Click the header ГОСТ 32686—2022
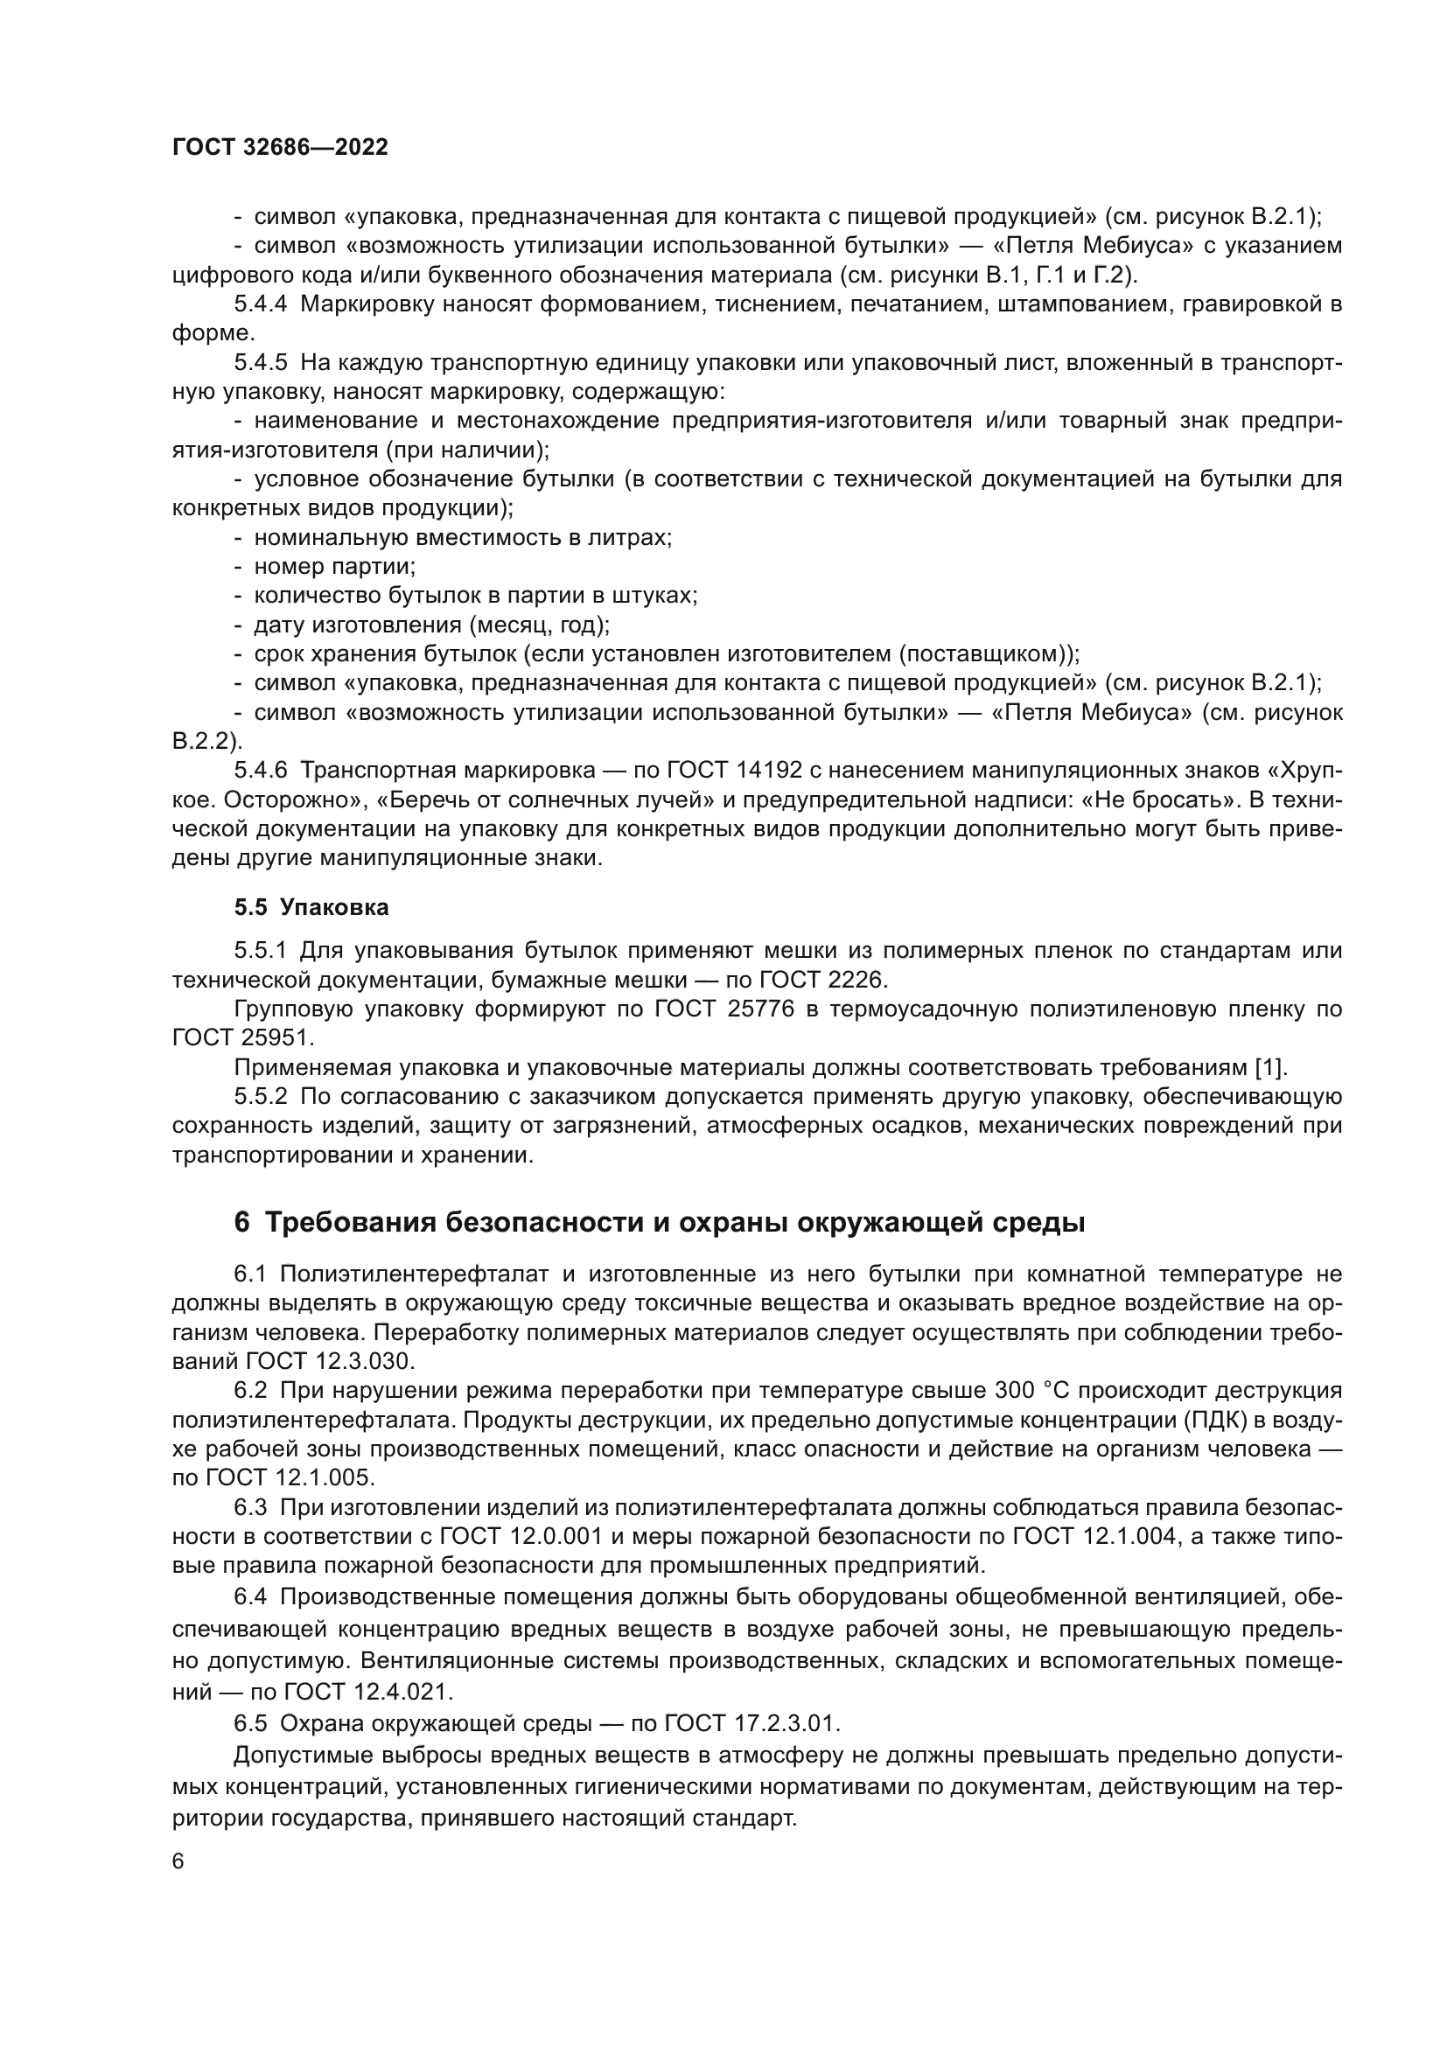(x=280, y=148)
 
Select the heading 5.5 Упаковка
(x=311, y=907)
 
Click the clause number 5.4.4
(x=260, y=304)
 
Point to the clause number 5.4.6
(x=260, y=770)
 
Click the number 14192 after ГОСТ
(x=773, y=770)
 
